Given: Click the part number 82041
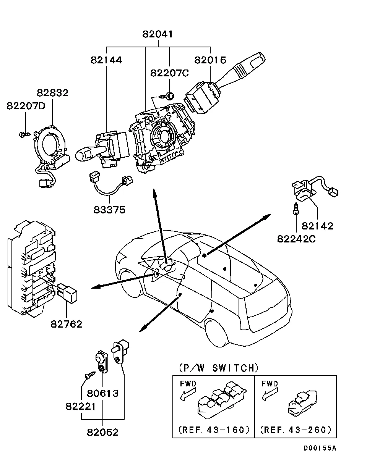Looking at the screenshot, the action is tap(158, 34).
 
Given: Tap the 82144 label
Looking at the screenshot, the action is tap(106, 60).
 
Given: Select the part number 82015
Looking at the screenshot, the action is tap(210, 60).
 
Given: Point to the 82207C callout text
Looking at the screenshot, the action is tap(169, 73).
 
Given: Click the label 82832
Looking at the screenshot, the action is tap(52, 93).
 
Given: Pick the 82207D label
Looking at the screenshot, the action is tap(26, 106).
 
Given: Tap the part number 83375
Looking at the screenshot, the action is tap(109, 210).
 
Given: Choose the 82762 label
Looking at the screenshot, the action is tap(67, 324).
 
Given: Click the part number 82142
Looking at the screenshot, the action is tap(317, 226).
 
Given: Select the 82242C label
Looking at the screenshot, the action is tap(296, 239).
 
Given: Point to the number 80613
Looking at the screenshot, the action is tap(103, 394).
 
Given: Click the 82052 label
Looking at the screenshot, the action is tap(103, 432).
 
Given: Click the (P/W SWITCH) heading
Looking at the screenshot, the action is tap(219, 368).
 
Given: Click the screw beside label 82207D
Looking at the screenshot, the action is tap(24, 135).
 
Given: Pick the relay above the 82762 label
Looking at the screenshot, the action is tap(67, 293).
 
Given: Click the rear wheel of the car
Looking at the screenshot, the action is tap(217, 333).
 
